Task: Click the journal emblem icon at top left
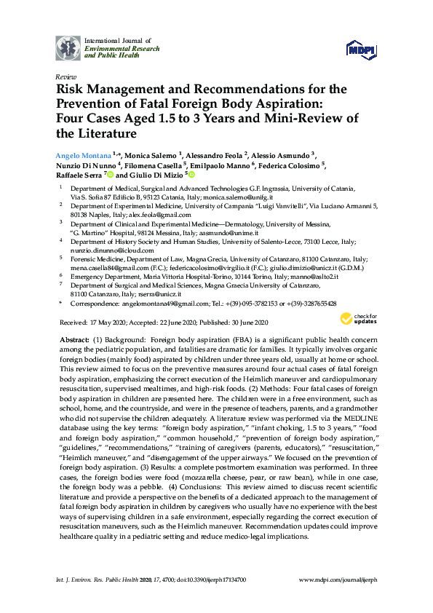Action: (x=68, y=47)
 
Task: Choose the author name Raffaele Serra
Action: (x=80, y=175)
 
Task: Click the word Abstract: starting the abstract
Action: (x=76, y=341)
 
